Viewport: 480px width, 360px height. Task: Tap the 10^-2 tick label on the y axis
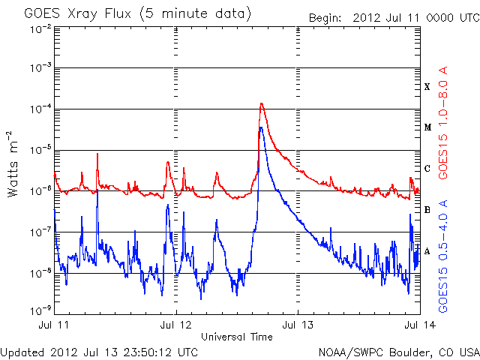pos(41,28)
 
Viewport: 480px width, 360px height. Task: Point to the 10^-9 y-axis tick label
pos(41,310)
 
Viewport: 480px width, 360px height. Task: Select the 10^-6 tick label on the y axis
pos(41,190)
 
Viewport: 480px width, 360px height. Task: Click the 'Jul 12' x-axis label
pos(176,325)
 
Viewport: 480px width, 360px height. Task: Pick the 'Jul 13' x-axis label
pos(298,325)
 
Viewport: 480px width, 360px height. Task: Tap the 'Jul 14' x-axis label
pos(418,325)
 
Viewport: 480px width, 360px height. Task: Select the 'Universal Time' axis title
pos(236,337)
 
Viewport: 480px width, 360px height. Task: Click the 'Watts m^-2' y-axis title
pos(13,164)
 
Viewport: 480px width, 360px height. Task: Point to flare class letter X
pos(427,87)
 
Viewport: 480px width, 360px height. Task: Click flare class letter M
pos(427,127)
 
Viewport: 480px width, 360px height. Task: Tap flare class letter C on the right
pos(427,169)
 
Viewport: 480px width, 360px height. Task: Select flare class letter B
pos(427,210)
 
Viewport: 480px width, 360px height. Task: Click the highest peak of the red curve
pos(261,103)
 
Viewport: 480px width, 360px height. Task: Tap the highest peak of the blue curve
pos(260,127)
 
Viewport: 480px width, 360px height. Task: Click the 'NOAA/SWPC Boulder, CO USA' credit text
pos(398,352)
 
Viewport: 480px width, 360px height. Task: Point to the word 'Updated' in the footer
pos(24,352)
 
